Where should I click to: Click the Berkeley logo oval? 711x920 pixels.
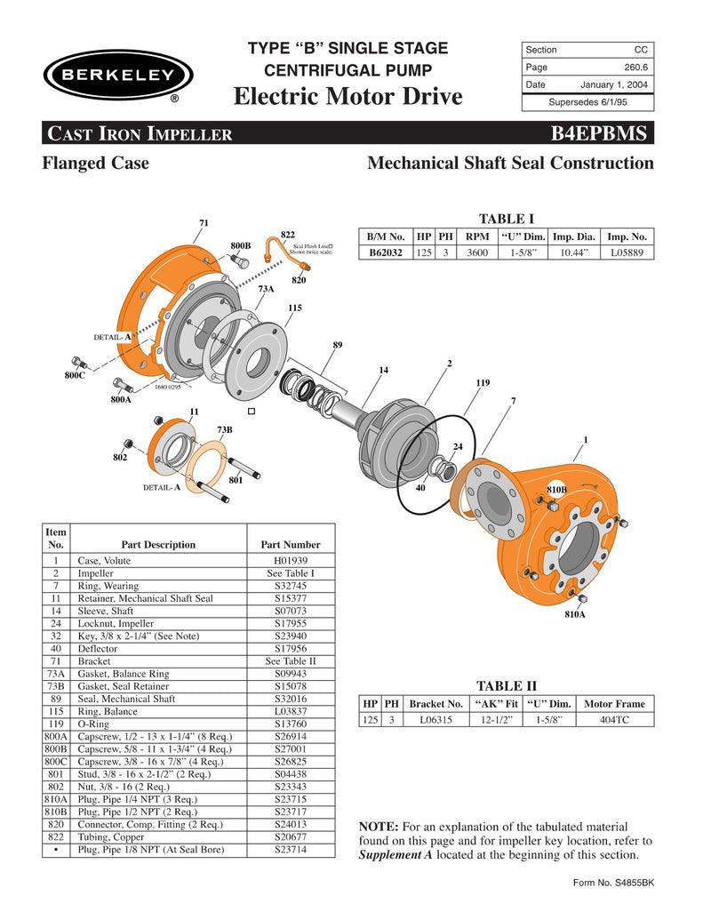coord(112,76)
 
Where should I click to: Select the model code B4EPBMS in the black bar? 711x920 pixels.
coord(602,133)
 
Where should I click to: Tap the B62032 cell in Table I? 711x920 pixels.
coord(386,252)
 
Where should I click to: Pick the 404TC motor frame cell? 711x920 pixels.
coord(614,719)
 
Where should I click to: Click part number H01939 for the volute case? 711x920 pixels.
coord(291,561)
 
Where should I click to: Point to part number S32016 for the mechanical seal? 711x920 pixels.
coord(291,700)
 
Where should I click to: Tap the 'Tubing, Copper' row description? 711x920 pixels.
coord(109,837)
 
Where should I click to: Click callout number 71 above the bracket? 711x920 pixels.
coord(204,222)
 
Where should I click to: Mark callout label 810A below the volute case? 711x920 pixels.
coord(575,614)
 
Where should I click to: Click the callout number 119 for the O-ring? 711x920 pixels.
coord(483,383)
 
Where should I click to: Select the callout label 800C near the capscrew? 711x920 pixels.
coord(75,376)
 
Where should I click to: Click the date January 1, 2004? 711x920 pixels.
coord(613,85)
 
